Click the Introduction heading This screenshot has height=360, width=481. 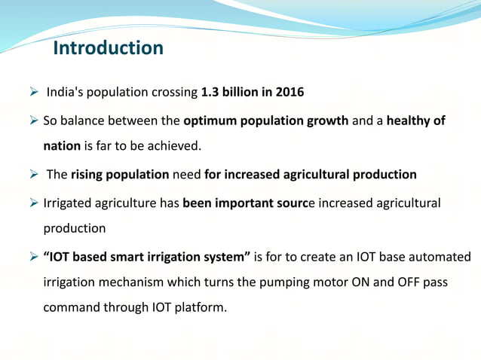click(x=108, y=48)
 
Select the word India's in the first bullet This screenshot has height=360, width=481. click(x=66, y=93)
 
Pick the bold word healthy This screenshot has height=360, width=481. click(x=408, y=121)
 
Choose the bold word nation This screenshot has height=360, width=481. click(x=62, y=146)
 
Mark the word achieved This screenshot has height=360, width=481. click(x=176, y=146)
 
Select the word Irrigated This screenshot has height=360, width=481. click(x=66, y=203)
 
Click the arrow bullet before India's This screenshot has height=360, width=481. click(x=34, y=93)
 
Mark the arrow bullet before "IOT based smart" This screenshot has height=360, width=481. click(x=34, y=258)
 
